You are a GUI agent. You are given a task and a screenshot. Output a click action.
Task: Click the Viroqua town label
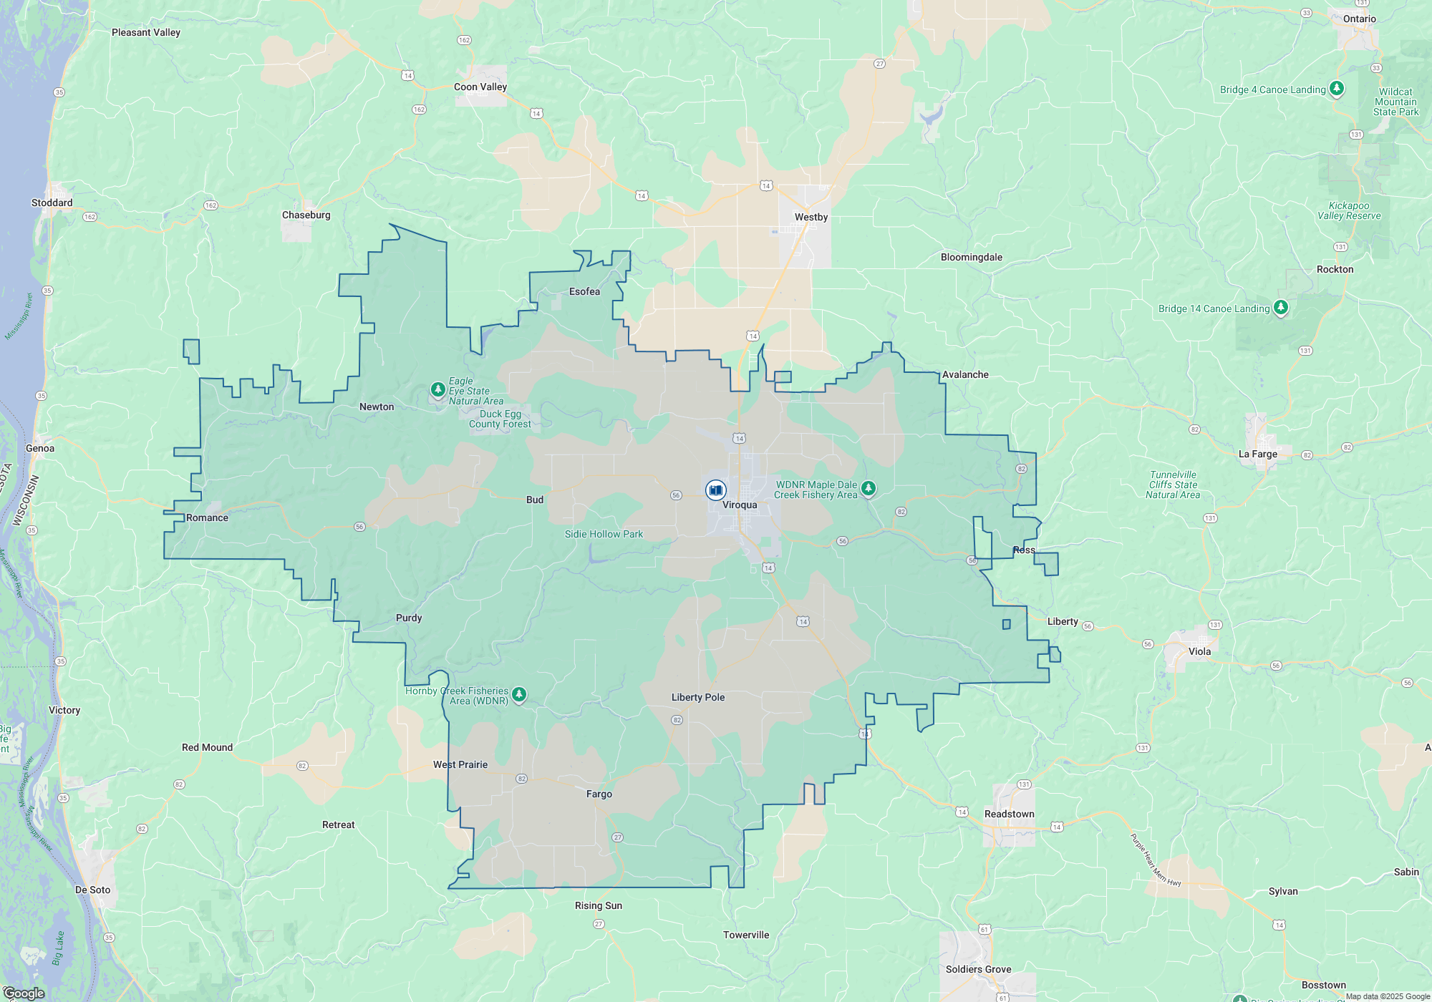[739, 505]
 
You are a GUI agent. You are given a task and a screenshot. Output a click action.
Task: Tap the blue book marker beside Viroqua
[715, 490]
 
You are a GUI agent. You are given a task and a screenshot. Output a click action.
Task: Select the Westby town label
[811, 218]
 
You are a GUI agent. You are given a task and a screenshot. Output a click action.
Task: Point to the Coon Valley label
[480, 87]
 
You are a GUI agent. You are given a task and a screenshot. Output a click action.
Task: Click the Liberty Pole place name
[697, 698]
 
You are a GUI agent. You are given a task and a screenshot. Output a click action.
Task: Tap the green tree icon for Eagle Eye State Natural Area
[437, 389]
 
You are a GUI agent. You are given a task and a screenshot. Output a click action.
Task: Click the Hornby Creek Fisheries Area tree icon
[519, 694]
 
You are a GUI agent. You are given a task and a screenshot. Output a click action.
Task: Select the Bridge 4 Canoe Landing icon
[1336, 89]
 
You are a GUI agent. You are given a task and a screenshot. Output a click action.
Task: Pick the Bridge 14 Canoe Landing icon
[1280, 308]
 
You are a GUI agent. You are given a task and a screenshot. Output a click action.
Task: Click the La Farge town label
[1257, 454]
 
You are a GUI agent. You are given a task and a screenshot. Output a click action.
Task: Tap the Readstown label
[1009, 814]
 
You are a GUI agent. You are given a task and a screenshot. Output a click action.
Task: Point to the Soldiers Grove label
[978, 970]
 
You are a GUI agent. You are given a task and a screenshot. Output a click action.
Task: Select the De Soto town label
[93, 890]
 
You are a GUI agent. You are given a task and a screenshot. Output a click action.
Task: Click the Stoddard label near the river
[52, 203]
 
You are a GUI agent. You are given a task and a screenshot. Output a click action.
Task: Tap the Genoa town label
[40, 449]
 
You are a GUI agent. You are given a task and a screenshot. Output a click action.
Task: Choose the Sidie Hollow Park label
[604, 535]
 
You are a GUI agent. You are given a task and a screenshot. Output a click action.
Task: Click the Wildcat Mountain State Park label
[1395, 102]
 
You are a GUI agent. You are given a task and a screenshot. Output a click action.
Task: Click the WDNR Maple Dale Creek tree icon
[868, 489]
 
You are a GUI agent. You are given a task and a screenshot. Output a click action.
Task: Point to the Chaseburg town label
[306, 215]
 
